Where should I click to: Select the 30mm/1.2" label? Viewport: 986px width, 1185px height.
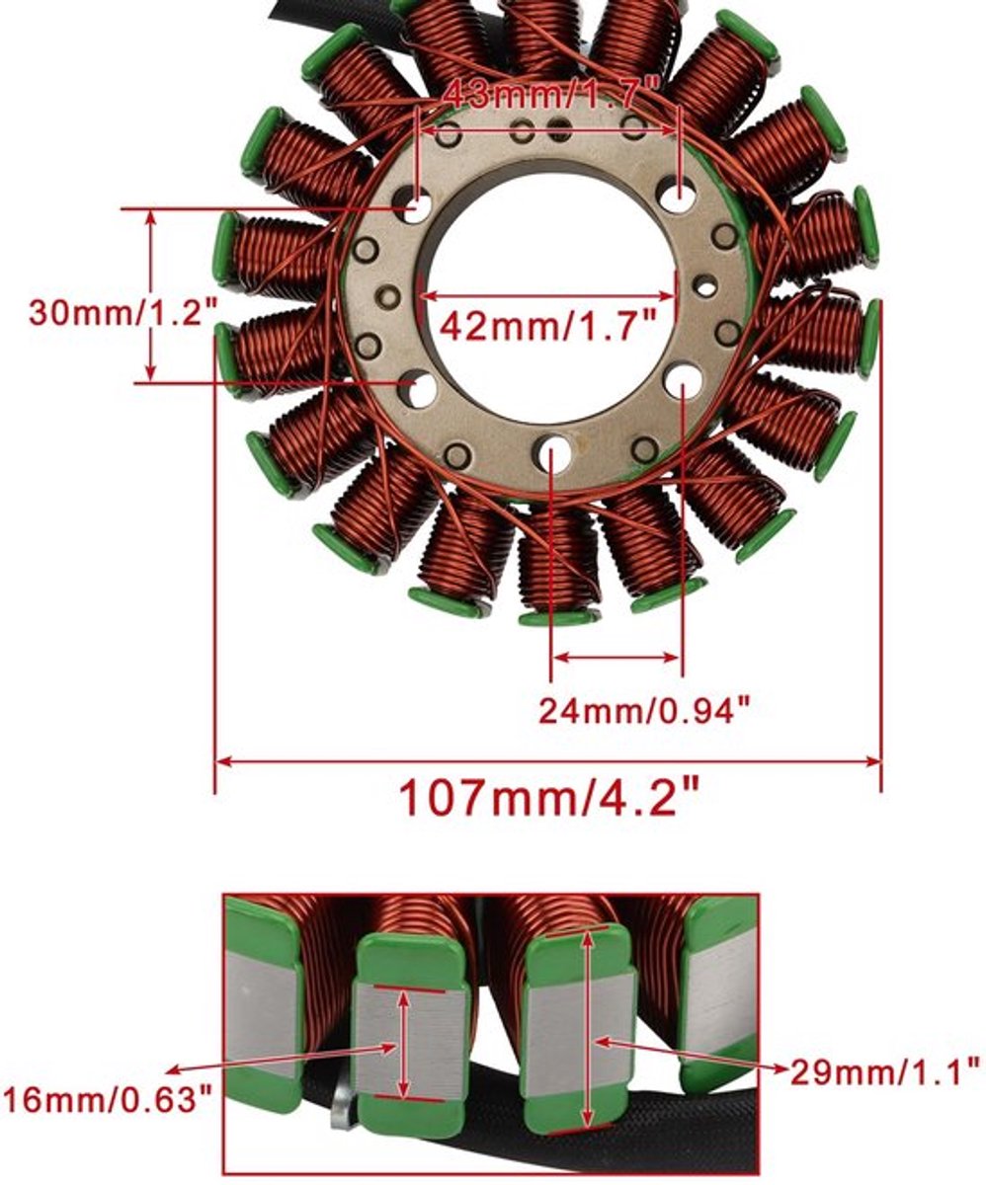coord(123,312)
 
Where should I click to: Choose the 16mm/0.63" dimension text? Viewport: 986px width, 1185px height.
coord(108,1102)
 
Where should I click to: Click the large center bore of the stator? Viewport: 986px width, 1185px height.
coord(548,295)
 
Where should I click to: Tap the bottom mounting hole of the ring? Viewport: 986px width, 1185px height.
coord(552,450)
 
